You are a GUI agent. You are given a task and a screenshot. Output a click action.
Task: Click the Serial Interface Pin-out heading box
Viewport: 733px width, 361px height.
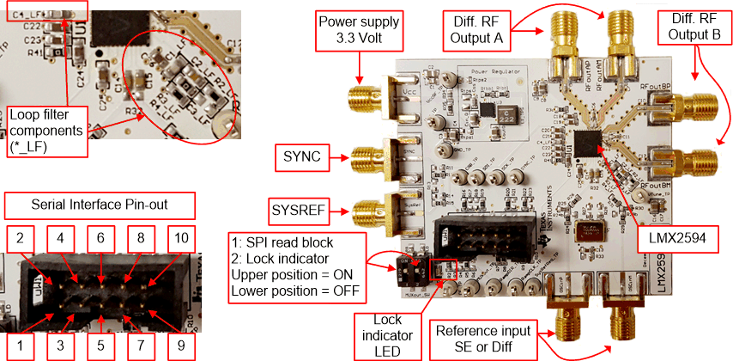tap(100, 207)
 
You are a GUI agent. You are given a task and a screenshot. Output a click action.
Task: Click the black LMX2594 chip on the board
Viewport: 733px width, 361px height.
tap(589, 143)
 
